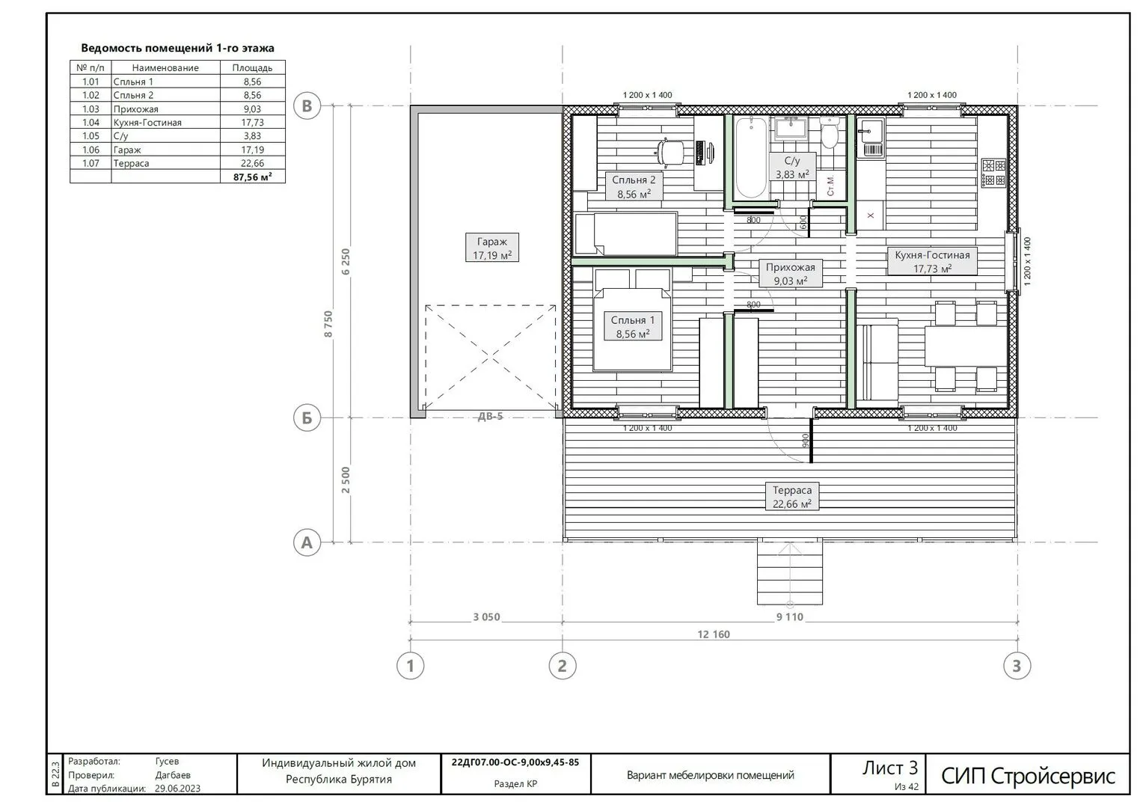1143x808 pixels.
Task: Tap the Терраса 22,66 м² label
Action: pyautogui.click(x=792, y=497)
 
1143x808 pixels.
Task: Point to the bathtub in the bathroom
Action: pyautogui.click(x=752, y=158)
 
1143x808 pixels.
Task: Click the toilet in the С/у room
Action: pyautogui.click(x=829, y=132)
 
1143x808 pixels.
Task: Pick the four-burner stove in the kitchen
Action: pyautogui.click(x=993, y=173)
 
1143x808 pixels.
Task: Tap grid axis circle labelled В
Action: pyautogui.click(x=307, y=106)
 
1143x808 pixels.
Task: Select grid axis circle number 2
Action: pyautogui.click(x=563, y=666)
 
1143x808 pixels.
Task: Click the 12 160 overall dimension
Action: pyautogui.click(x=714, y=634)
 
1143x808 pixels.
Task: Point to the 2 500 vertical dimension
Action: pyautogui.click(x=346, y=480)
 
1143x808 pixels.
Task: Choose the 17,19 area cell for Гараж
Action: pyautogui.click(x=252, y=150)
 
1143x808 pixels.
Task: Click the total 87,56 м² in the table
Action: pyautogui.click(x=252, y=177)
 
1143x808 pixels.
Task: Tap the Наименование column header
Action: pyautogui.click(x=165, y=68)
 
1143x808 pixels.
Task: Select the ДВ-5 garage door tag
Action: pyautogui.click(x=491, y=416)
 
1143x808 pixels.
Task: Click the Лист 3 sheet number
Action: pyautogui.click(x=890, y=768)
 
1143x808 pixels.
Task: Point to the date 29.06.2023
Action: pyautogui.click(x=177, y=788)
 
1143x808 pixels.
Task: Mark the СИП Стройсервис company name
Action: pyautogui.click(x=1028, y=777)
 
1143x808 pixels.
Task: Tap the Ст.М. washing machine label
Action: pyautogui.click(x=830, y=186)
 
